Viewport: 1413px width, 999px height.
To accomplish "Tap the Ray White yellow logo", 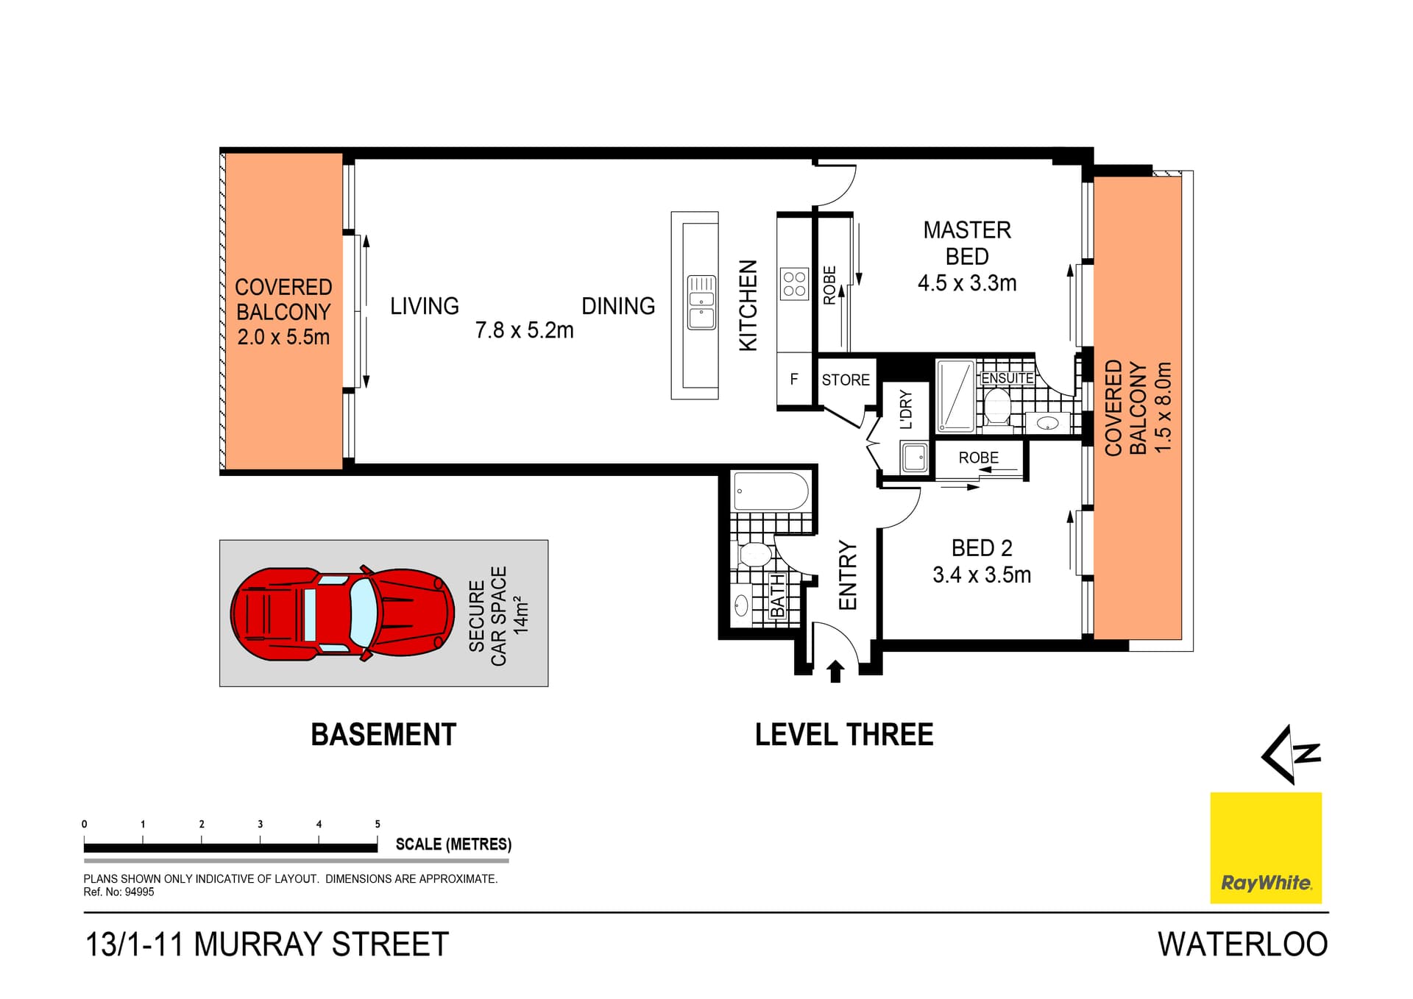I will (x=1266, y=847).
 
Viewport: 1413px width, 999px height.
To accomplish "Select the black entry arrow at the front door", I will (x=835, y=671).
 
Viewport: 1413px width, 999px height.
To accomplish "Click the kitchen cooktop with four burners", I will (x=794, y=284).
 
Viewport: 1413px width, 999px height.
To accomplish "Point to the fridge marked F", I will (x=794, y=380).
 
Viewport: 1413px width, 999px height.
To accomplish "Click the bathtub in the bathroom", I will (x=771, y=491).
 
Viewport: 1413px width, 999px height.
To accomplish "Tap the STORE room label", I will (x=846, y=380).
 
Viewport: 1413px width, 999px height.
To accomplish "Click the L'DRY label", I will (x=906, y=410).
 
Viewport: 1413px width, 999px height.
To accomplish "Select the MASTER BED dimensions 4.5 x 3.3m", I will (x=966, y=283).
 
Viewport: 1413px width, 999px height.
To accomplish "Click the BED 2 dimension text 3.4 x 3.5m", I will (x=981, y=575).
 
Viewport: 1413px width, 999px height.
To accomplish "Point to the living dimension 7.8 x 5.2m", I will (x=524, y=330).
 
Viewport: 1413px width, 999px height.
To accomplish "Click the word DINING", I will (x=618, y=306).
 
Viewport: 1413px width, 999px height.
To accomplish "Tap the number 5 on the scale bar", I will (x=378, y=824).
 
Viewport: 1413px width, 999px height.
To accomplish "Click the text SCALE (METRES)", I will (x=453, y=845).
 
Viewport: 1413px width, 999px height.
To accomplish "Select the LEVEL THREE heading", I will (x=843, y=735).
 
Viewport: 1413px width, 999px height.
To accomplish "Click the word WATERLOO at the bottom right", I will (x=1242, y=945).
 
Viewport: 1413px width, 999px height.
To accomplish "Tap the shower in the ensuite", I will (x=955, y=396).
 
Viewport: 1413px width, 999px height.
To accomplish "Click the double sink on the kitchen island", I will (x=701, y=302).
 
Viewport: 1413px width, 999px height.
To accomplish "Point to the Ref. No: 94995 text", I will (x=118, y=892).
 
